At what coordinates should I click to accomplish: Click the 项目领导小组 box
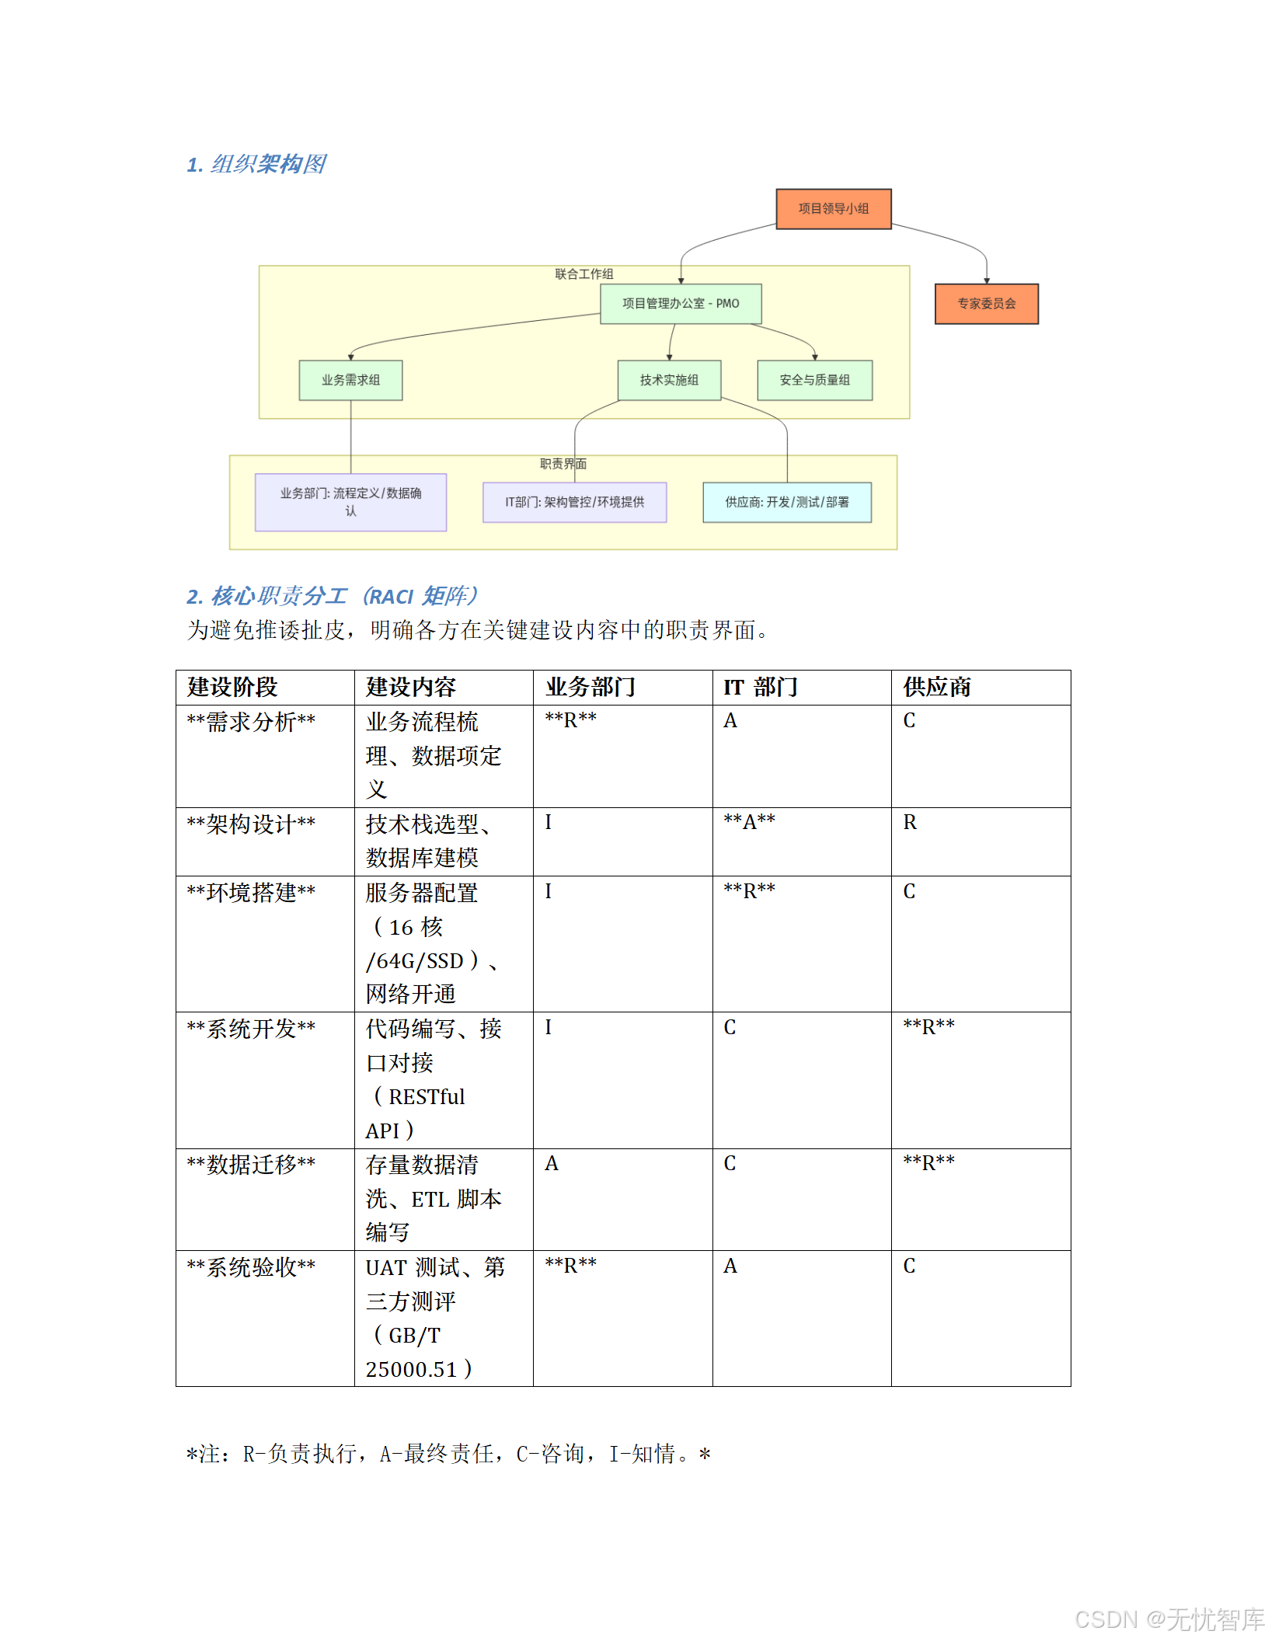(833, 209)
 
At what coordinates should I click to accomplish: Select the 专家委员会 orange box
(986, 304)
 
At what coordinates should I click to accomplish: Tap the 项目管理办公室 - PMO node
(681, 304)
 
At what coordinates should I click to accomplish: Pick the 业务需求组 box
(350, 380)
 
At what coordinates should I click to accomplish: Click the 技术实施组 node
(669, 380)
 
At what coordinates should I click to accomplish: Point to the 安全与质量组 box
(814, 380)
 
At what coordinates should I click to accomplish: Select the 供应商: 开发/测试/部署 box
(786, 502)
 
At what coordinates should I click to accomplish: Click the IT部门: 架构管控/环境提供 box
(574, 502)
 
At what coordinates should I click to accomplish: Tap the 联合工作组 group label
(583, 274)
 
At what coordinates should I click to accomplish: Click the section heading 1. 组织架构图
(256, 165)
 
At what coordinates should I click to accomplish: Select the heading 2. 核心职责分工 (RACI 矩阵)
(332, 596)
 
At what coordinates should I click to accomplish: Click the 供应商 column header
(936, 687)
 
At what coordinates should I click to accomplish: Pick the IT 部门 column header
(760, 687)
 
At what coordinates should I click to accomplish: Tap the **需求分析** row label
(251, 722)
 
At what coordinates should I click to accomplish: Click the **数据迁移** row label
(251, 1164)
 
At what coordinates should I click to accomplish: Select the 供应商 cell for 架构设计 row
(910, 823)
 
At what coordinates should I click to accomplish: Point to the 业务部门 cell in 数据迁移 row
(552, 1164)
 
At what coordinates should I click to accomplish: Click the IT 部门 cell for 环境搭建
(749, 891)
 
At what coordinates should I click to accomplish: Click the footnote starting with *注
(448, 1454)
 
